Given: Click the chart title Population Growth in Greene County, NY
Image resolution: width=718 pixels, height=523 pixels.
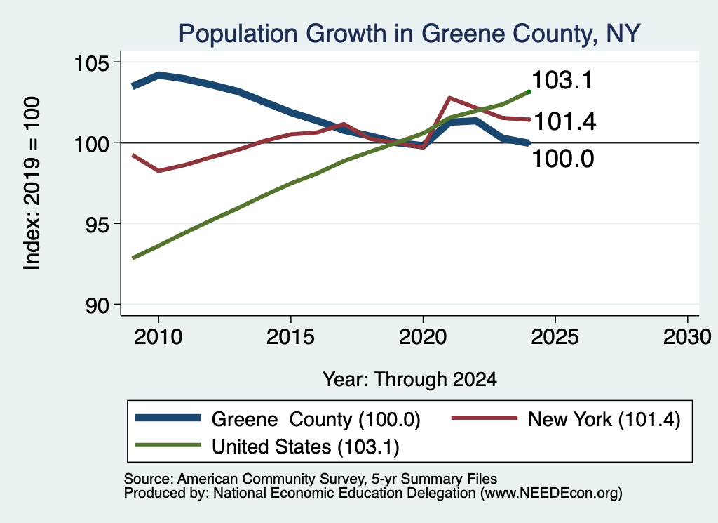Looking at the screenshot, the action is coord(409,34).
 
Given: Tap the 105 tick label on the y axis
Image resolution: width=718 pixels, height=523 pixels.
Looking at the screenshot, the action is coord(91,63).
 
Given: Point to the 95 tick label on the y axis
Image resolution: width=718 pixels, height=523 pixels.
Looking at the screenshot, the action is coord(97,225).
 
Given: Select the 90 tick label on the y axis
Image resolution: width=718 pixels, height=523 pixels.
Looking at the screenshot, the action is coord(97,305).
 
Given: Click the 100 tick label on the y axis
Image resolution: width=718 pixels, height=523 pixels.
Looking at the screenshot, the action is coord(91,144).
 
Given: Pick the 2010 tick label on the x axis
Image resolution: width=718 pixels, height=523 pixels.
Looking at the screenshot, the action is coord(158,337).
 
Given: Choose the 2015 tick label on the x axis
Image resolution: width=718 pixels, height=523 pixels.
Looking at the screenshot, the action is coord(290,337).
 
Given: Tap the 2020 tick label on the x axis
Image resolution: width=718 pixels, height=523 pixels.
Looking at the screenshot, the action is coord(423,337).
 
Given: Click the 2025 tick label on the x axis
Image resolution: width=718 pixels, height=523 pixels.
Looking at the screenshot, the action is coord(555,337).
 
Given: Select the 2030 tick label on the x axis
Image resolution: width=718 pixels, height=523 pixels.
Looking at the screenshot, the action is coord(687,337).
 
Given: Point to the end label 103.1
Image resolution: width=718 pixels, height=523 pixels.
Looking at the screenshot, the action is coord(562,80).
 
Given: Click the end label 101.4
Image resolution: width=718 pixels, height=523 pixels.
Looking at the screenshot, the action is coord(565,122).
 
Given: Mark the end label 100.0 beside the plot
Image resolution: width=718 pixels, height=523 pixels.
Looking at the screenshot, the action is coord(563,159).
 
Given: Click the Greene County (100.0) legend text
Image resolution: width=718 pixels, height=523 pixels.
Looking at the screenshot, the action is coord(316,419).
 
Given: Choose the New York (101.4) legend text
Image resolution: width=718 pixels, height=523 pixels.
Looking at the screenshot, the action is coord(604,419).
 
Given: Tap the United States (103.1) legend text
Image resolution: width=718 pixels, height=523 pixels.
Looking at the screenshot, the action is coord(306,447).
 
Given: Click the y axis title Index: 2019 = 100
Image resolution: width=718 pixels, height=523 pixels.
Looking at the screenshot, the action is coord(32,183).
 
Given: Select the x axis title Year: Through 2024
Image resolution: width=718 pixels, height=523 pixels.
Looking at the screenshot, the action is coord(409,380).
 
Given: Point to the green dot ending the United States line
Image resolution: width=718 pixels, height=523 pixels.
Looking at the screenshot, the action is coord(529,92).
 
